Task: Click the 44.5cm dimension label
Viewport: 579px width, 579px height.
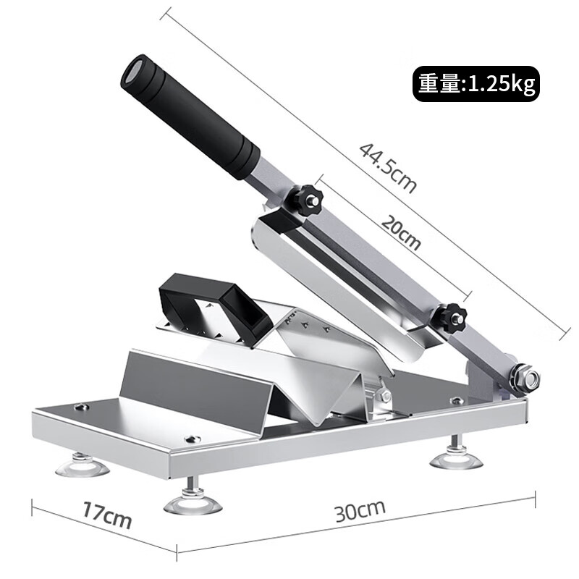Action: (388, 168)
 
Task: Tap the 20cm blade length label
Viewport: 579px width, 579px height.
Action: (401, 232)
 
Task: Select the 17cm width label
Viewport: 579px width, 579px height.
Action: (106, 515)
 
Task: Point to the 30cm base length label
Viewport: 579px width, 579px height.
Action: (360, 511)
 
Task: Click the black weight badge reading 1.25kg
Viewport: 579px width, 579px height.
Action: (476, 84)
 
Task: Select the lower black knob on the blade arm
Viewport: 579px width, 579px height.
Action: (449, 317)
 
